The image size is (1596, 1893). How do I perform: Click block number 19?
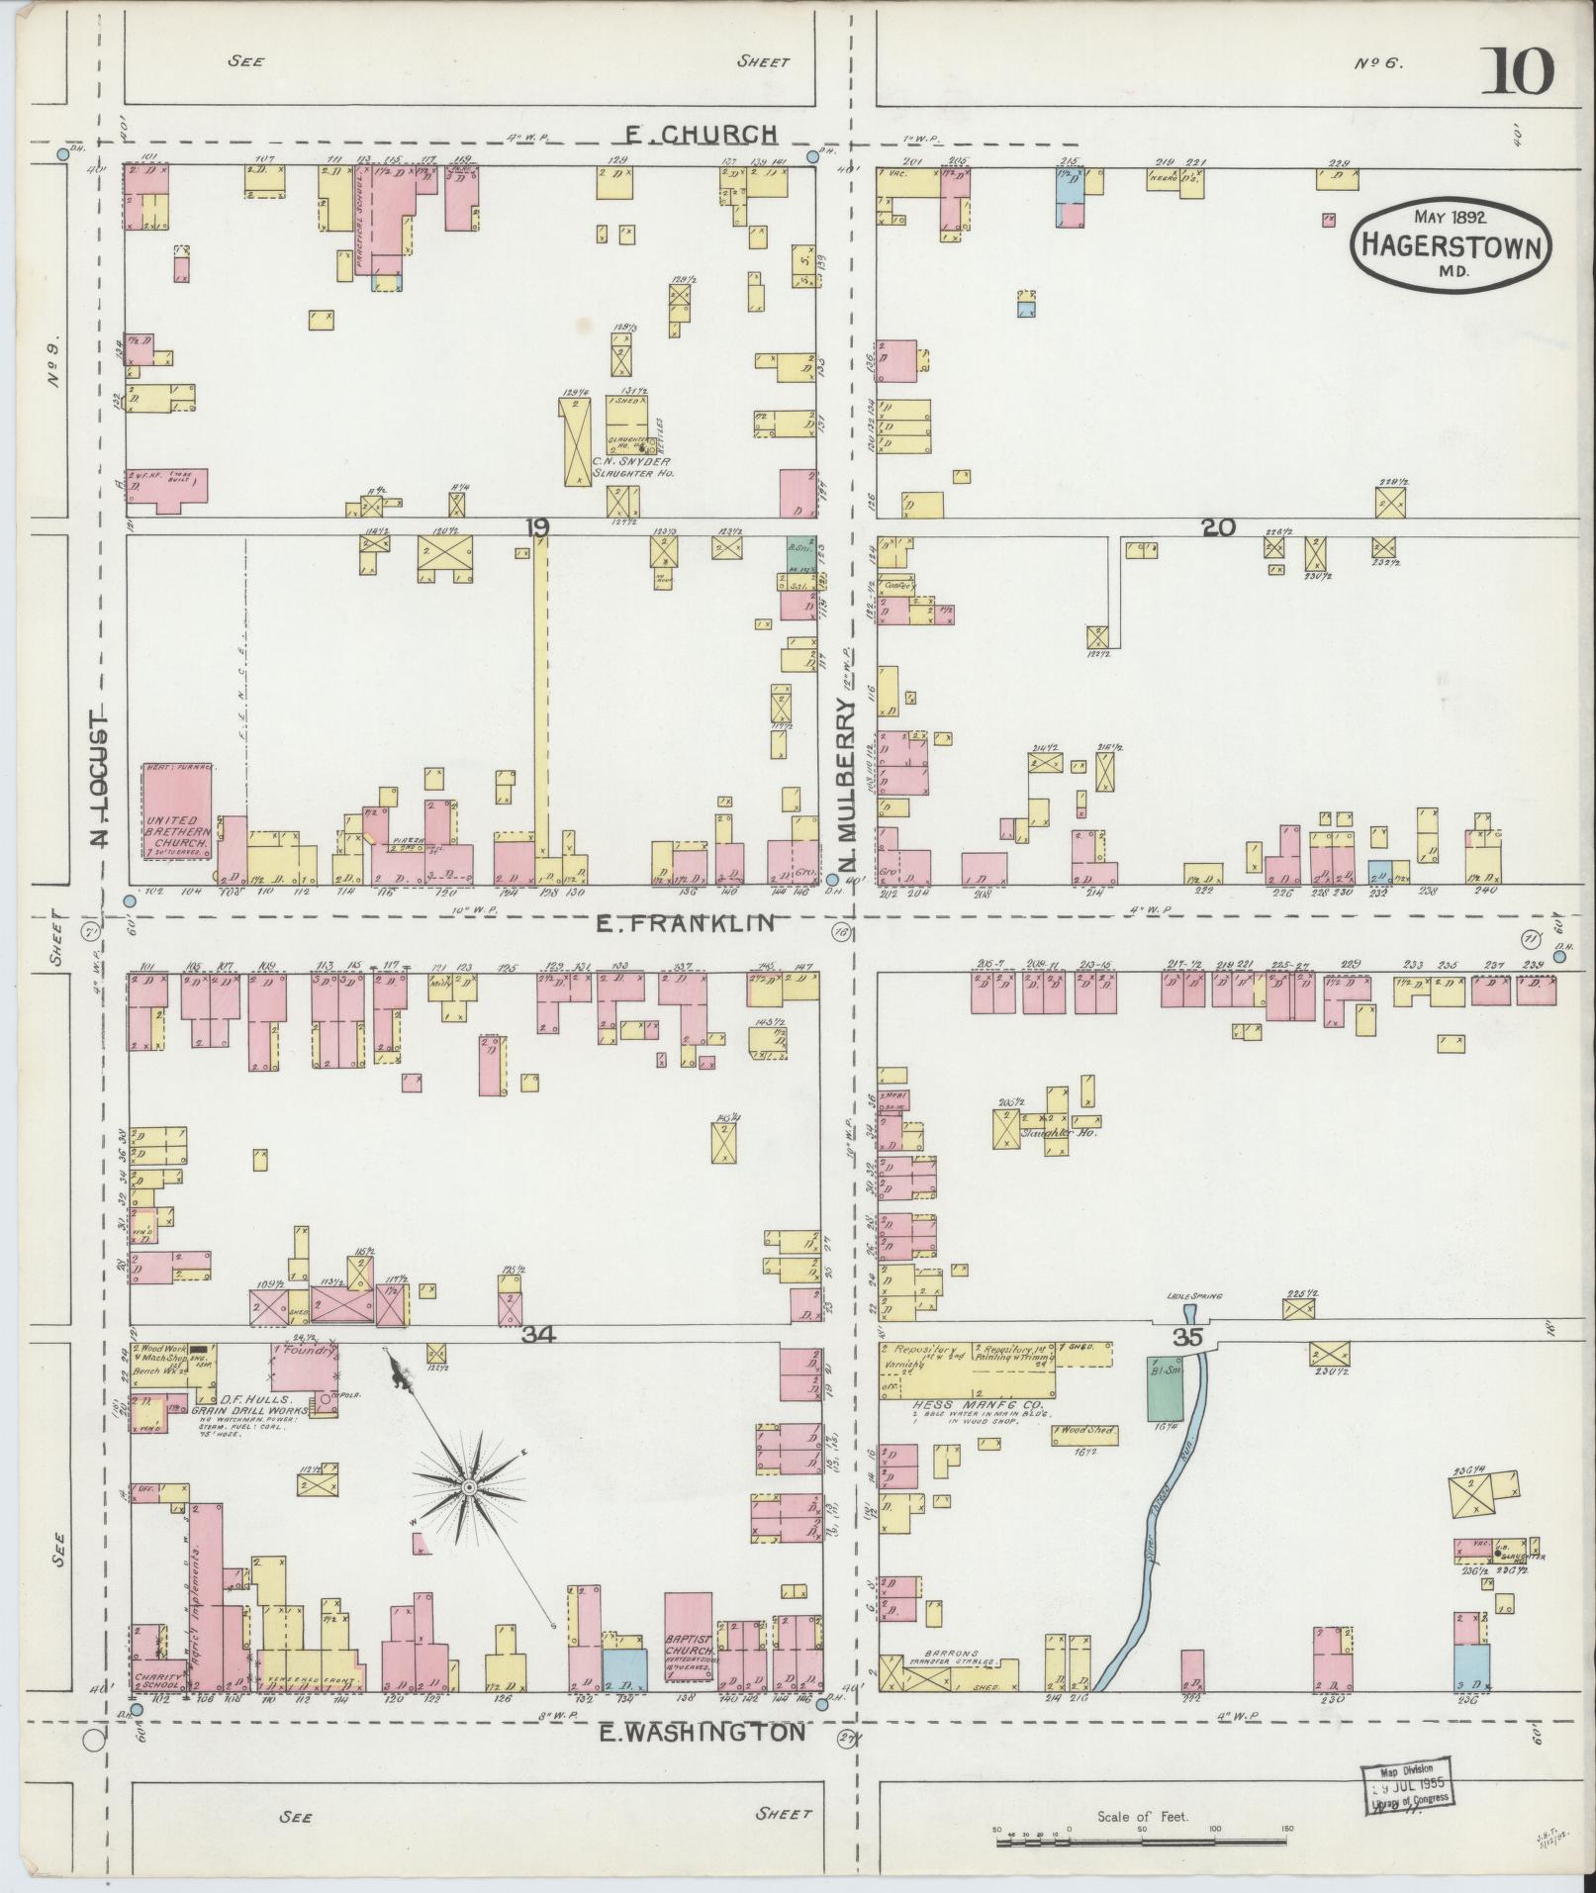pos(536,528)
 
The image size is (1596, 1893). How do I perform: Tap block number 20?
pos(1219,528)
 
